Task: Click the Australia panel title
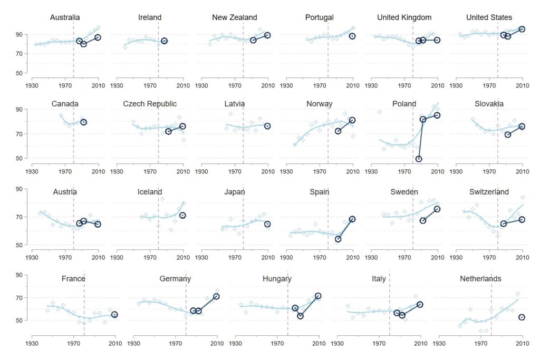coord(65,17)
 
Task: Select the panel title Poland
coord(404,104)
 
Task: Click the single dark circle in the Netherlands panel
coord(522,317)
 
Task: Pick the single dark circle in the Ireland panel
coord(164,41)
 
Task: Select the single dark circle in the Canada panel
coord(83,122)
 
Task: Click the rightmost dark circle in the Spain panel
coord(352,219)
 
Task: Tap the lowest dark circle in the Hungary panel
coord(300,316)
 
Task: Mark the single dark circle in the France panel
coord(114,315)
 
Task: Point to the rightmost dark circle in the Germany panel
coord(216,296)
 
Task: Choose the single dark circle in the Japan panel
coord(267,224)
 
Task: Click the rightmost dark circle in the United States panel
coord(522,29)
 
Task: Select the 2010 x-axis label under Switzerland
coord(522,258)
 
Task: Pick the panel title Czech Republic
coord(150,104)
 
